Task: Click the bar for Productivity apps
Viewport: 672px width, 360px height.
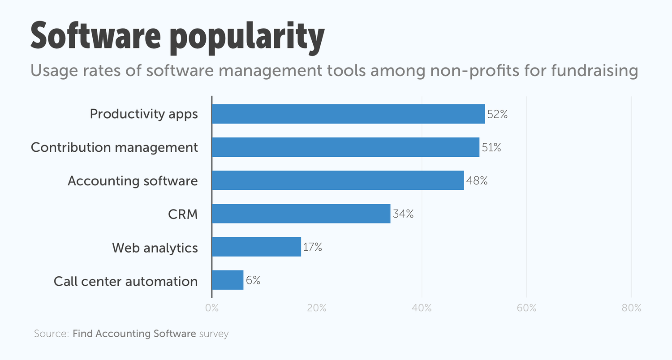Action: click(348, 114)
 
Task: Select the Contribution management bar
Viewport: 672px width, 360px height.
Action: click(345, 147)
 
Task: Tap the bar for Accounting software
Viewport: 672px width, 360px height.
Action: click(338, 180)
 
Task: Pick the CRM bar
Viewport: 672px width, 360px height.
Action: click(301, 214)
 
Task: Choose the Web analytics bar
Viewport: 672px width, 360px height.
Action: click(256, 247)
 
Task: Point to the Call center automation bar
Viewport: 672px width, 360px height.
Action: click(228, 280)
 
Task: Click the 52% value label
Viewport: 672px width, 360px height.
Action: click(497, 114)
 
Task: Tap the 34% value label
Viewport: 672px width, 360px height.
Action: click(403, 214)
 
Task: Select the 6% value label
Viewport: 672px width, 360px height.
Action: click(253, 281)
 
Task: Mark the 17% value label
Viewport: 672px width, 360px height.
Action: click(313, 247)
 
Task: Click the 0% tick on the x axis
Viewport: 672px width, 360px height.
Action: click(212, 308)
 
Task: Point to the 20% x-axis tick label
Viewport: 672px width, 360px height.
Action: click(317, 308)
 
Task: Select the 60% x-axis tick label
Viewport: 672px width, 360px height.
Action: click(526, 308)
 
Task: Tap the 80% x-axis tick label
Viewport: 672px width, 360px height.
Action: click(631, 308)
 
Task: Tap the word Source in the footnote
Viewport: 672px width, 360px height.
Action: click(50, 334)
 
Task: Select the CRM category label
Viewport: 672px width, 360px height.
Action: click(183, 214)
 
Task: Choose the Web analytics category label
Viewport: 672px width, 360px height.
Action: click(155, 248)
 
